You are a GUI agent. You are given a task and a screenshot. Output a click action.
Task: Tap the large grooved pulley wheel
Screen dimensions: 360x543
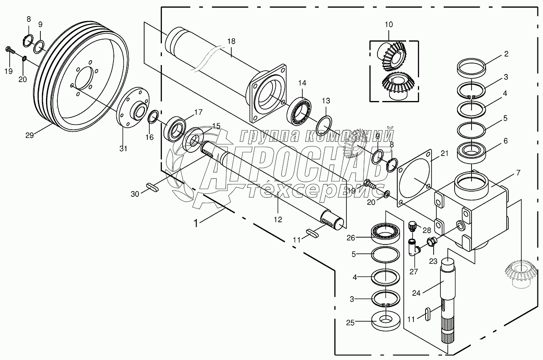pos(81,77)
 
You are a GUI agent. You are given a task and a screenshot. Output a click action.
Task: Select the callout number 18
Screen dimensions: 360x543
pos(231,41)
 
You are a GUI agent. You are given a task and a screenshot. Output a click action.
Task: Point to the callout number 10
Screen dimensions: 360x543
pos(388,25)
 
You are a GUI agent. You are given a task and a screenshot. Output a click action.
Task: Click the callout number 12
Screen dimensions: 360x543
pos(278,219)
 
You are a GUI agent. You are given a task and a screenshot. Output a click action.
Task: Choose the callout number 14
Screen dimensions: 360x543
pos(302,83)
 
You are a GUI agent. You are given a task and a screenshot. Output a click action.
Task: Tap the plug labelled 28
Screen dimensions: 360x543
pos(413,226)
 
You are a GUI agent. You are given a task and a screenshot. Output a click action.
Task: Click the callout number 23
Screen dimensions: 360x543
pos(433,261)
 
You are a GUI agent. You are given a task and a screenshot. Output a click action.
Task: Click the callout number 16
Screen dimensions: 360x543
pos(149,137)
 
